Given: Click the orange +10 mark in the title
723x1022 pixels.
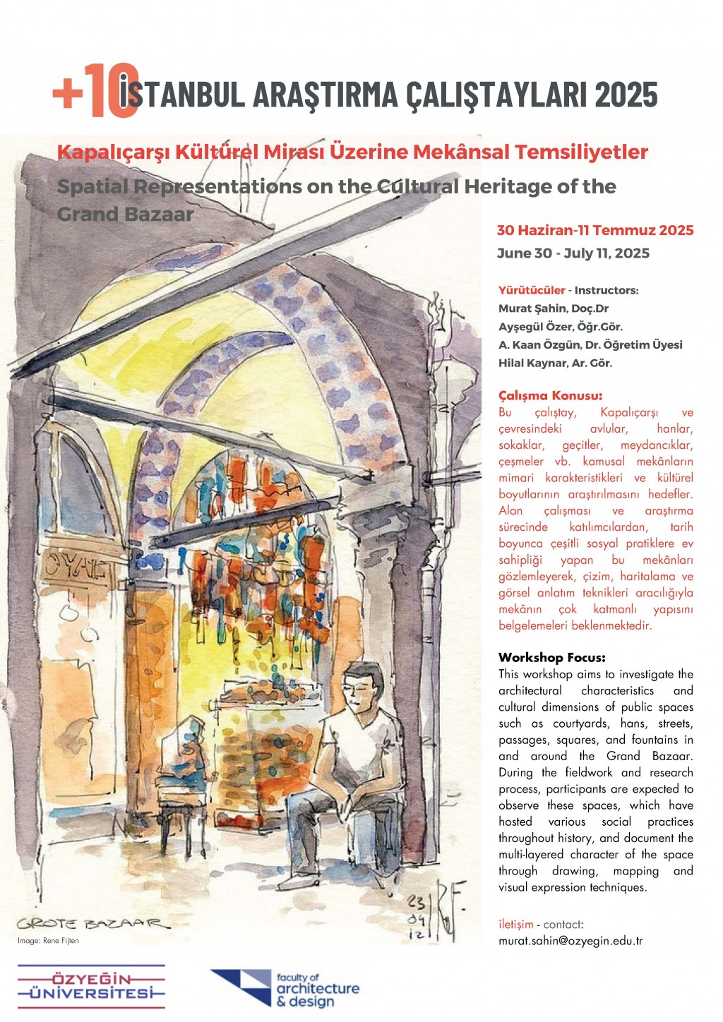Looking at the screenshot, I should pyautogui.click(x=95, y=92).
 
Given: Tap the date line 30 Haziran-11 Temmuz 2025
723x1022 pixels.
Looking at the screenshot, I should pyautogui.click(x=595, y=231).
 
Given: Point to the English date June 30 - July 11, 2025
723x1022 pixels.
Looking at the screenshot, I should pyautogui.click(x=573, y=253).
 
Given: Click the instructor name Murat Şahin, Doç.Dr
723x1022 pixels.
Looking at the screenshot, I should pyautogui.click(x=554, y=308).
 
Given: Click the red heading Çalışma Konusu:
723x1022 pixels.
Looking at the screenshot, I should pyautogui.click(x=550, y=396).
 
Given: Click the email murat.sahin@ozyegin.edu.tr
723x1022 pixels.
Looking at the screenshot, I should pyautogui.click(x=570, y=941).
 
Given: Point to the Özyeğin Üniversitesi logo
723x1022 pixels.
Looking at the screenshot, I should pyautogui.click(x=91, y=986).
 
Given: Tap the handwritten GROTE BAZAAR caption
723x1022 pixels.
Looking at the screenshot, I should pyautogui.click(x=93, y=923).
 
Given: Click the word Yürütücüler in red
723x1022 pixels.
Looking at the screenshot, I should pyautogui.click(x=532, y=290).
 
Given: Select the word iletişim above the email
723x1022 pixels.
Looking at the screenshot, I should pyautogui.click(x=515, y=925).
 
